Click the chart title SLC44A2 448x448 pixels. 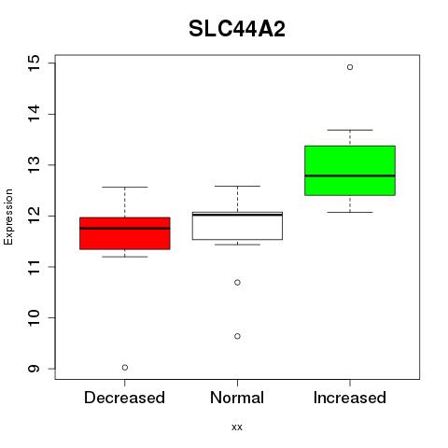point(237,29)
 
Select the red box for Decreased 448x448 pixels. point(125,233)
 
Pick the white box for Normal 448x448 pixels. point(237,226)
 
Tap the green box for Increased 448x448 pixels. point(350,171)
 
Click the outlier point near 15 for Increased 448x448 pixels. point(350,67)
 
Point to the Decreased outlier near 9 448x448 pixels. point(125,368)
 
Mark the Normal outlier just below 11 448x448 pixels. point(237,283)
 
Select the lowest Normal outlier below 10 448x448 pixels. point(237,336)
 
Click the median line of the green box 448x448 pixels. point(350,175)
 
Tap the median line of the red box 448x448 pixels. point(125,229)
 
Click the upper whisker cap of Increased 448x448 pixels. point(350,130)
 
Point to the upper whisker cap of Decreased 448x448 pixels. point(125,187)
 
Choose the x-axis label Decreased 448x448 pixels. point(124,398)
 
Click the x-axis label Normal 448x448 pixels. point(237,398)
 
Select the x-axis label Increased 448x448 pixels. point(350,398)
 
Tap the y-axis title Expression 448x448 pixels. point(8,217)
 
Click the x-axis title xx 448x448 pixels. point(237,427)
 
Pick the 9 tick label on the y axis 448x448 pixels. point(34,369)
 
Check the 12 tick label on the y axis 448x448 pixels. point(34,216)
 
